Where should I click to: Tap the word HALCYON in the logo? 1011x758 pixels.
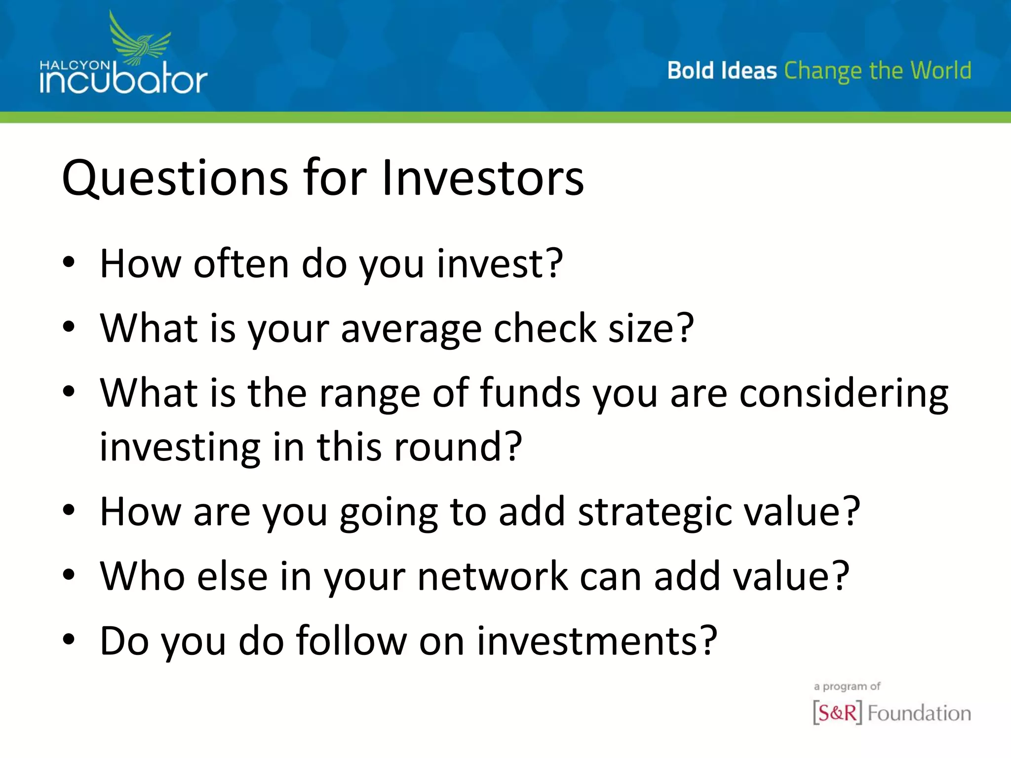tap(75, 65)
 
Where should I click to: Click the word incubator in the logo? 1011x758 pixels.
tap(123, 82)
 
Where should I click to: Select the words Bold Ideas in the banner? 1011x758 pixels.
tap(722, 71)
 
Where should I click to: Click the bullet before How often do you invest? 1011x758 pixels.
tap(69, 263)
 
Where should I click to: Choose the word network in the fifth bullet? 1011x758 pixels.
tap(492, 576)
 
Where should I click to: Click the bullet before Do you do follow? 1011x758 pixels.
tap(69, 640)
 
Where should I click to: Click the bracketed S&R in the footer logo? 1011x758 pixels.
tap(837, 712)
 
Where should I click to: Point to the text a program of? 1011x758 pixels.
tap(847, 686)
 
